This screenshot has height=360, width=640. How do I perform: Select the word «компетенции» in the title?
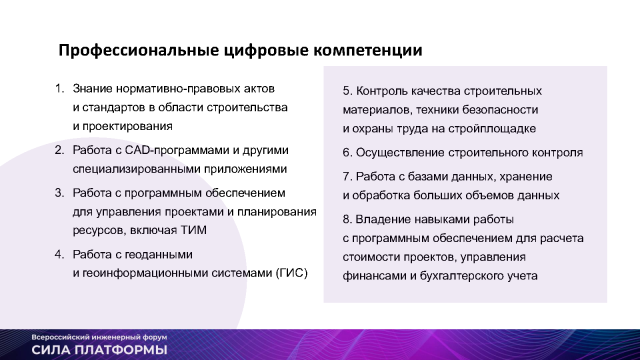368,50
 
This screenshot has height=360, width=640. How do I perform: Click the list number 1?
59,88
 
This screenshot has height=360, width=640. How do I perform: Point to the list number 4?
59,254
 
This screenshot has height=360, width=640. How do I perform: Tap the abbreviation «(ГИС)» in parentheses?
291,273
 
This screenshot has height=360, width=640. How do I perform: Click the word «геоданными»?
158,255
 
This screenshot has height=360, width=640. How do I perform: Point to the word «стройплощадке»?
491,129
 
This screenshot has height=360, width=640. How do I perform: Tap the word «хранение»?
525,177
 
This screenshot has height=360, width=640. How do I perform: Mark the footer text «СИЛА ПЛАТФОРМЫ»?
99,350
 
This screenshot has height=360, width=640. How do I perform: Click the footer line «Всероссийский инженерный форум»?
99,337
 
